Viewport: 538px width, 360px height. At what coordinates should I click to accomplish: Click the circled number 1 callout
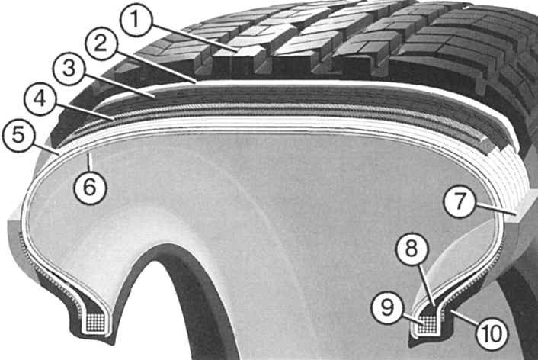136,20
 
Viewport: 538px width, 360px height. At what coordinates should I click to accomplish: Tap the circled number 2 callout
101,45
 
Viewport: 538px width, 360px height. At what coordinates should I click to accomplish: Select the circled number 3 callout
69,69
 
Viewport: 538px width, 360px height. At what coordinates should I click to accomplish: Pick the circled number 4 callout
40,99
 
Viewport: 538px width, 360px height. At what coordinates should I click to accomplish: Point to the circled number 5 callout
18,134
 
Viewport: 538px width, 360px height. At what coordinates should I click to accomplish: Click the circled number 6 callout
90,188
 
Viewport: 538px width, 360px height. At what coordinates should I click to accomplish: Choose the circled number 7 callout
460,201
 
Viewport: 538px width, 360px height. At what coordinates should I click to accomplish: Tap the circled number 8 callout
412,249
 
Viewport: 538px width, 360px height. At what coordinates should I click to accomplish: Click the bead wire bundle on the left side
96,322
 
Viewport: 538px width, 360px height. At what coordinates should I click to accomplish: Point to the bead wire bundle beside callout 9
428,323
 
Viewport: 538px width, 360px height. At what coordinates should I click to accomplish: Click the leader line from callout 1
195,38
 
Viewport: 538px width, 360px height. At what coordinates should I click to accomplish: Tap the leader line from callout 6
90,162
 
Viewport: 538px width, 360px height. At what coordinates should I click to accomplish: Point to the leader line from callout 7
496,209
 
